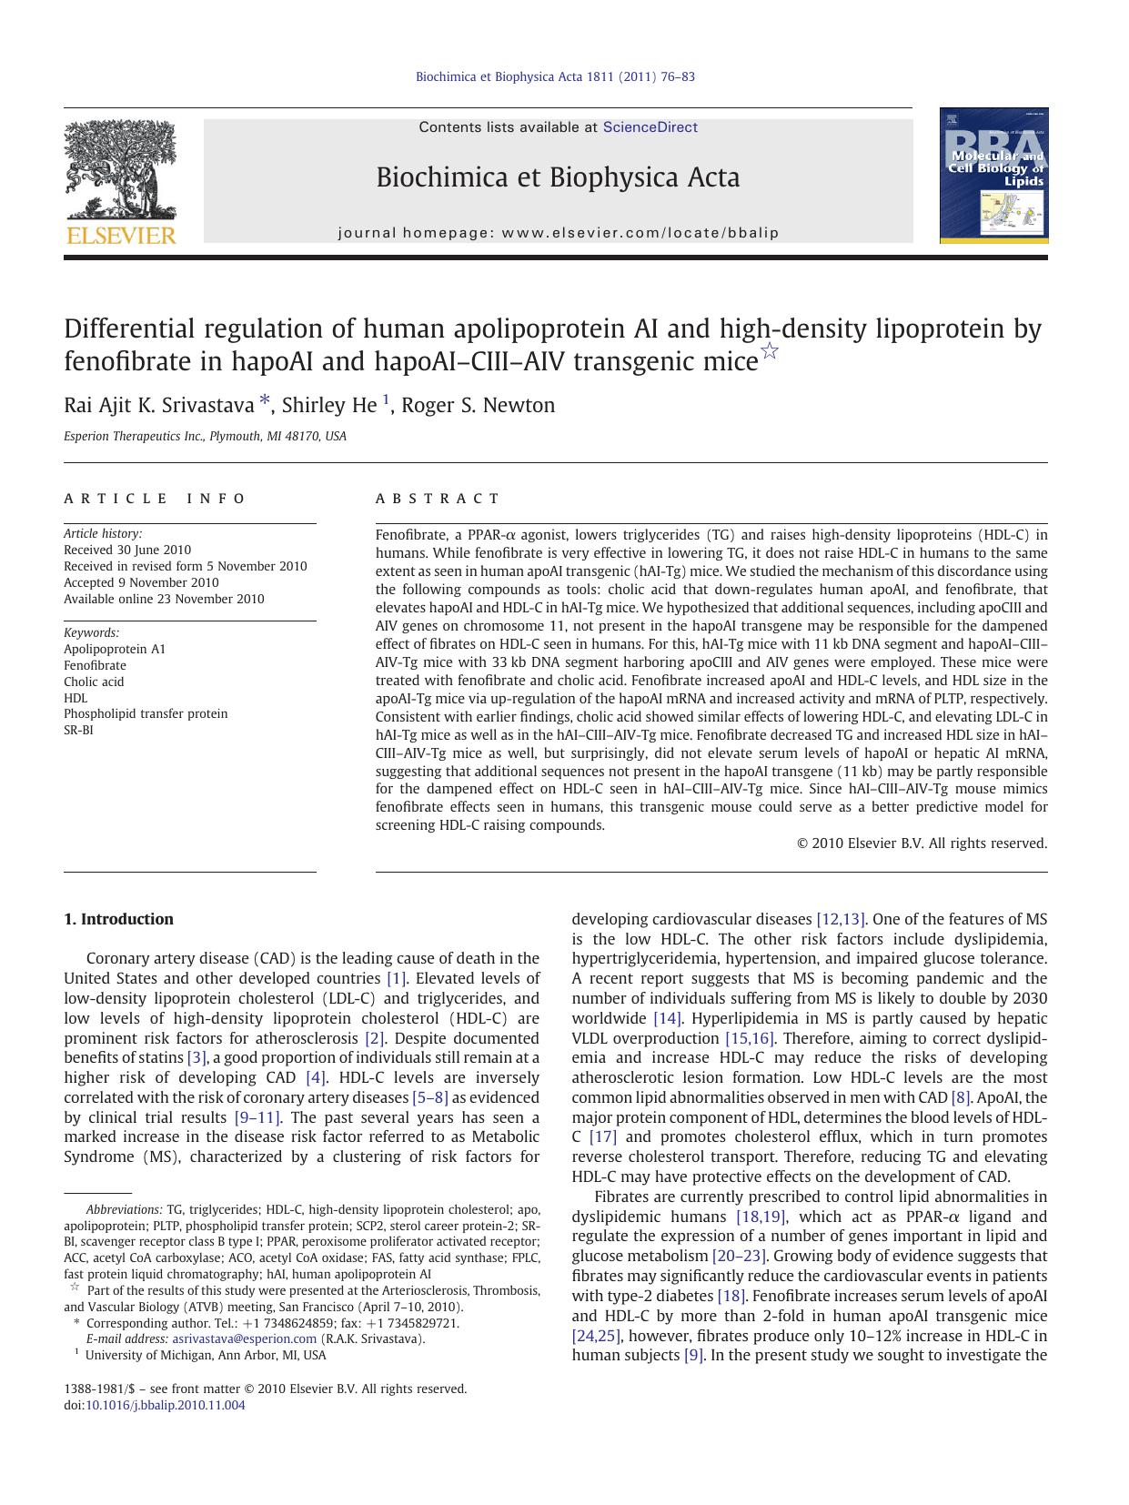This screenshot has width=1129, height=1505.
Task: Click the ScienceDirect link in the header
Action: (650, 127)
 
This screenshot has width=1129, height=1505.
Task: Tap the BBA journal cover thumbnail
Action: (993, 176)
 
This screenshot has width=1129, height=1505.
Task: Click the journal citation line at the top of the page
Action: (555, 77)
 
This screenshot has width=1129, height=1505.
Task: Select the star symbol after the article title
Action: (770, 351)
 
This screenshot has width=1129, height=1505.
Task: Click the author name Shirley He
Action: (328, 406)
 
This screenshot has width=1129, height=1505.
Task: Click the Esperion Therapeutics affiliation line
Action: (205, 437)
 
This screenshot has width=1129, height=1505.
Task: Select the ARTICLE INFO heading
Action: (155, 499)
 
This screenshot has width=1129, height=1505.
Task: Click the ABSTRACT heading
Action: (438, 499)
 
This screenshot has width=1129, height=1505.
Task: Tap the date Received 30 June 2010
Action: (127, 550)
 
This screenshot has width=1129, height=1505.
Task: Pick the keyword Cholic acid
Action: (94, 682)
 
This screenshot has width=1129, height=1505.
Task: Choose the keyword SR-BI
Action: (78, 730)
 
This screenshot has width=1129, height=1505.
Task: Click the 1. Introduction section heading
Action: (118, 919)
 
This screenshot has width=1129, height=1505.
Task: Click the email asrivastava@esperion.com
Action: (244, 1338)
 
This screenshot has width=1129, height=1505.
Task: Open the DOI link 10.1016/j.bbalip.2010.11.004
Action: (165, 1405)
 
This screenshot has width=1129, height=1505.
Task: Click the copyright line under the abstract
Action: (922, 843)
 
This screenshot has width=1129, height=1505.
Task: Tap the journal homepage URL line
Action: (559, 233)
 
